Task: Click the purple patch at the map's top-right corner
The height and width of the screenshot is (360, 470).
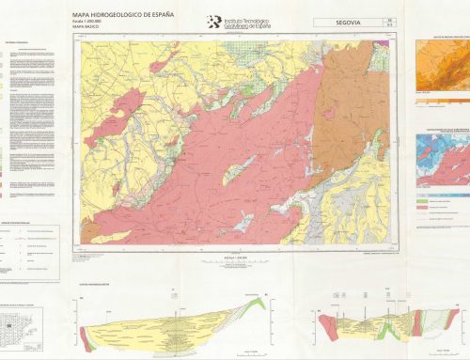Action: (x=392, y=52)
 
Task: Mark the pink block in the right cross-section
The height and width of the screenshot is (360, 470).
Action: (x=327, y=324)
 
